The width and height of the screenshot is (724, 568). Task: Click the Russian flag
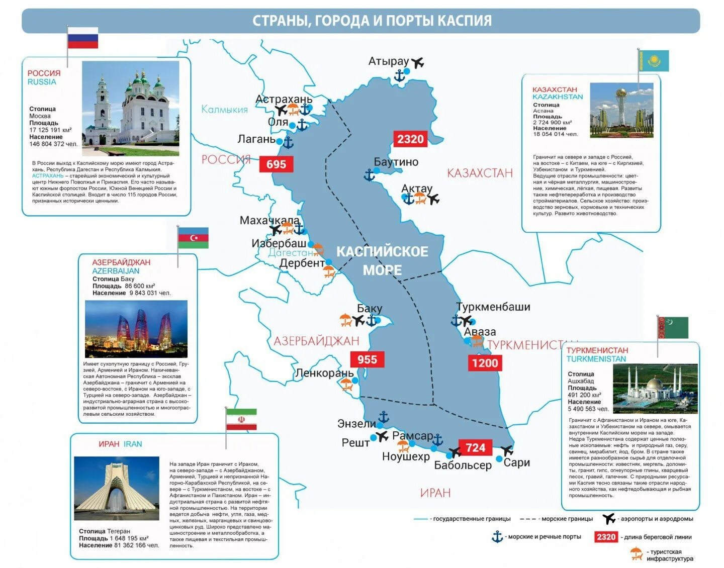point(83,38)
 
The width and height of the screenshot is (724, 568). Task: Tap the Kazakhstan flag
point(654,61)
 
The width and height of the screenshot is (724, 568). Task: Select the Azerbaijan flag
point(193,238)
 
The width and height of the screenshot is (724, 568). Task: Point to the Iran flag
point(241,419)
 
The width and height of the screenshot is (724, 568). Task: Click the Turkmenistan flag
point(673,328)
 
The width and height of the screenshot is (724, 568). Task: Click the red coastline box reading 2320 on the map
point(410,139)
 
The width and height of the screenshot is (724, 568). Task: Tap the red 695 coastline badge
point(276,164)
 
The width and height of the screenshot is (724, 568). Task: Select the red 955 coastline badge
point(367,359)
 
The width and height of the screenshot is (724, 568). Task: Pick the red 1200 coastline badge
point(485,363)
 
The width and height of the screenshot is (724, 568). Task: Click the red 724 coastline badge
point(475,447)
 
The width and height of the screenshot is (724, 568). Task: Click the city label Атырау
point(389,61)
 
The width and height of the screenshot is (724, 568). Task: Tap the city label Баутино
point(396,162)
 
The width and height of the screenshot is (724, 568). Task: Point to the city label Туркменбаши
point(493,307)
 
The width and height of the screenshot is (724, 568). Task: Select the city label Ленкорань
point(324,373)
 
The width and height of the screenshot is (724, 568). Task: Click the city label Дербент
point(302,263)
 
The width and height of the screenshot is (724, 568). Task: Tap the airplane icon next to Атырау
point(417,62)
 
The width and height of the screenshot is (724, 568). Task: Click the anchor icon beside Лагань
point(288,142)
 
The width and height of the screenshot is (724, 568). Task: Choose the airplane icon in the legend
point(609,518)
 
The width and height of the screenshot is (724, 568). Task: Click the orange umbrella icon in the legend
point(636,553)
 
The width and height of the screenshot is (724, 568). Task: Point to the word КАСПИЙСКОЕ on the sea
point(382,251)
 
